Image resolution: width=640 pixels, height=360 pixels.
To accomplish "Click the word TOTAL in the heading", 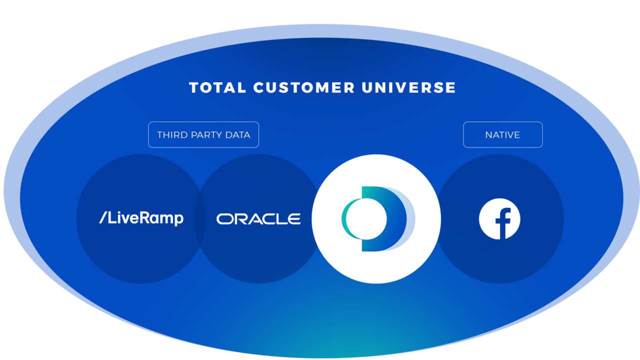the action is click(x=217, y=87).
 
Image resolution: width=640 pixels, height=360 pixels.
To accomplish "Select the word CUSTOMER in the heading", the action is click(x=304, y=87).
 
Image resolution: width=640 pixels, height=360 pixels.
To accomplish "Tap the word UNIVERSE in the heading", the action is click(x=408, y=87).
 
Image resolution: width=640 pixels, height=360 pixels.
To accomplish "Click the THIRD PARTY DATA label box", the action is click(x=203, y=134).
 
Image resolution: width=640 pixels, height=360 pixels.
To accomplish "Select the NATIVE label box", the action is click(x=503, y=134).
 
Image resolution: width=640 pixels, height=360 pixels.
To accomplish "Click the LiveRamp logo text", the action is click(x=141, y=218).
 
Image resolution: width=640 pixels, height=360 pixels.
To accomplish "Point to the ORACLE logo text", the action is click(x=258, y=219).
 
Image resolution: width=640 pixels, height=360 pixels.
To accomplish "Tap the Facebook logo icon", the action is click(x=499, y=219).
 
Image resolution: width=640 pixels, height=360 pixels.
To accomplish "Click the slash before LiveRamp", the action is click(x=103, y=217).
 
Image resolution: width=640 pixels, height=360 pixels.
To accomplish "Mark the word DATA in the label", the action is click(x=237, y=135).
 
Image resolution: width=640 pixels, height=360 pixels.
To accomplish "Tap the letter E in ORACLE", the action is click(x=294, y=219).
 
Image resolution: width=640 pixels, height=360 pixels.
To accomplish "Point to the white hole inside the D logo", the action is click(x=366, y=219).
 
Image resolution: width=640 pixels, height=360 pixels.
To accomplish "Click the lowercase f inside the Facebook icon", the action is click(x=503, y=223).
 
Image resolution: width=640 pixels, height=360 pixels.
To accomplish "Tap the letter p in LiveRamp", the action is click(x=179, y=220).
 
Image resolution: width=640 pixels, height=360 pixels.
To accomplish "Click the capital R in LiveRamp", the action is click(x=144, y=217).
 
